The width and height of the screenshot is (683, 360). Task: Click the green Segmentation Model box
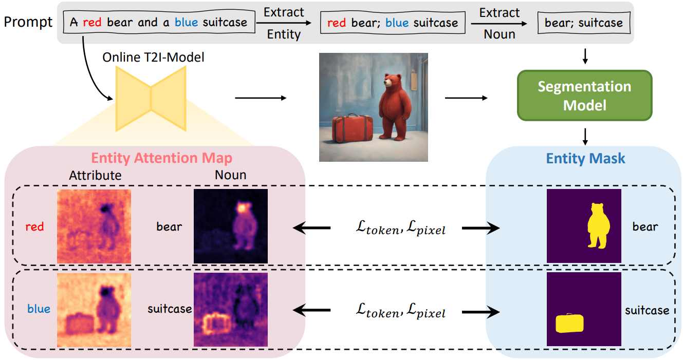pos(584,96)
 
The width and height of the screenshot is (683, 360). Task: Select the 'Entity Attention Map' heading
pos(161,158)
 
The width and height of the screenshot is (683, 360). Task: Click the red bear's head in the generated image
pos(394,81)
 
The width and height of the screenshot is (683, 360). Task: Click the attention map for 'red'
pos(94,226)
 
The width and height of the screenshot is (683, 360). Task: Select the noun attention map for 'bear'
pos(231,226)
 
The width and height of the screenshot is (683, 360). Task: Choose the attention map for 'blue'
pos(94,309)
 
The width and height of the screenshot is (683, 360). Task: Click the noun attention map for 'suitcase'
pos(231,309)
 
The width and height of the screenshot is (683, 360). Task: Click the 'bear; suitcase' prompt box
pos(583,23)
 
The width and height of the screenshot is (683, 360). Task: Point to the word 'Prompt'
pos(28,22)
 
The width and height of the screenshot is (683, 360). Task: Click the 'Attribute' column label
pos(95,175)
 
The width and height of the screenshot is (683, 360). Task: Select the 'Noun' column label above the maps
pos(231,175)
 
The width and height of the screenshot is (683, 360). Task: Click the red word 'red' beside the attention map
pos(34,226)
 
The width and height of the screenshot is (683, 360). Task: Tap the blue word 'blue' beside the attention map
pos(39,309)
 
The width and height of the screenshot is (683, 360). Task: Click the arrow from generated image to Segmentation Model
pos(466,97)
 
